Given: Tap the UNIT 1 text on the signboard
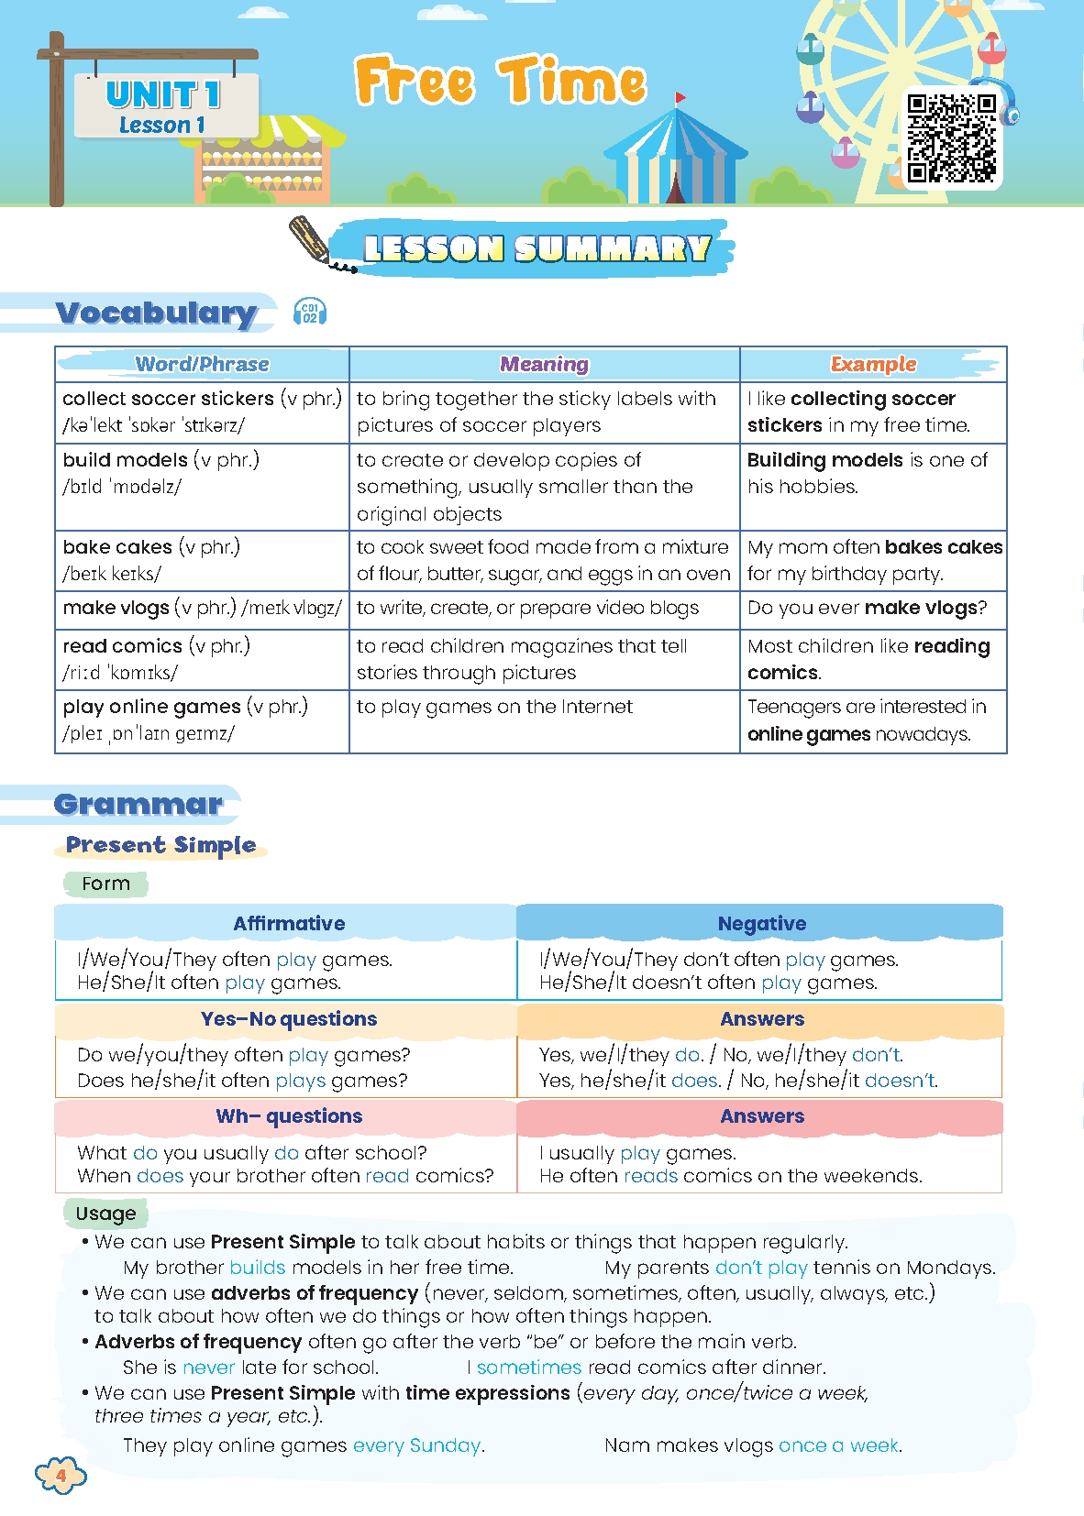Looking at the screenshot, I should (x=163, y=94).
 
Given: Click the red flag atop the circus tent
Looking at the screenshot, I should (x=680, y=97).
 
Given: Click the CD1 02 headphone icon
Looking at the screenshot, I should (x=310, y=313).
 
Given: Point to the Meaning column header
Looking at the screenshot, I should (x=544, y=364).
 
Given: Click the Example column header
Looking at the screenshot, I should (x=873, y=364).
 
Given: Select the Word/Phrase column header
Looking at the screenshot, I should (x=202, y=364).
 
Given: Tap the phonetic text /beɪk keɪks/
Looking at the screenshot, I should (x=112, y=574).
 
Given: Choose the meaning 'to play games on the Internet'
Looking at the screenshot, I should (x=494, y=707).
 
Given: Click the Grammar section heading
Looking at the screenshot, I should (x=138, y=804).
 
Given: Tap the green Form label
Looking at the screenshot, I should (x=105, y=884).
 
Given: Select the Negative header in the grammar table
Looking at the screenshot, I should (x=761, y=923).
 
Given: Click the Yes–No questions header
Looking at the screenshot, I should (x=289, y=1019).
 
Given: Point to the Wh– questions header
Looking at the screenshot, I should (x=289, y=1116).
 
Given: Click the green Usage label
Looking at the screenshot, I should (x=105, y=1214).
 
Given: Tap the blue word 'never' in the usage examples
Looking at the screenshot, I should (x=209, y=1368).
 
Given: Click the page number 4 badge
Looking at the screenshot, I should (x=61, y=1476).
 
